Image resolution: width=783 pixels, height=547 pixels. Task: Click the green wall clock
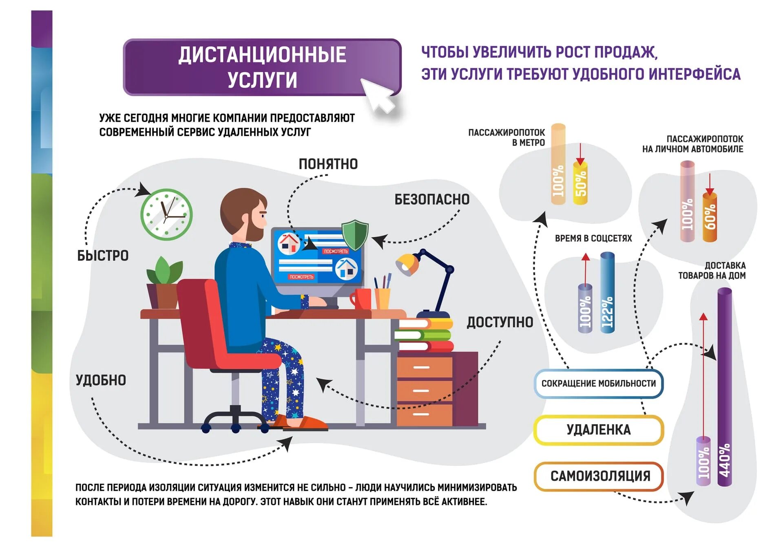[166, 214]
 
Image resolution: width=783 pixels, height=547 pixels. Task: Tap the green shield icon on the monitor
[355, 234]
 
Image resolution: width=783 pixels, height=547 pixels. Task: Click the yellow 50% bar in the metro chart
[580, 183]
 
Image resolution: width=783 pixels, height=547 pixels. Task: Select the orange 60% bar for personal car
[710, 217]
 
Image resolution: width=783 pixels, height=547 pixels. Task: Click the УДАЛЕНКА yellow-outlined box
[598, 430]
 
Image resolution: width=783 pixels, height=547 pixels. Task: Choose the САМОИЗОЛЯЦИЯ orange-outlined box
[599, 476]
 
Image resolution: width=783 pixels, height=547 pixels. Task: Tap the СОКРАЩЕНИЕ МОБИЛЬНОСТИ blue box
[598, 383]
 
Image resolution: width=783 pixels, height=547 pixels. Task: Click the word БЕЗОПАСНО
[431, 199]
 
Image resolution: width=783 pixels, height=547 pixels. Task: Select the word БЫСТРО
[103, 256]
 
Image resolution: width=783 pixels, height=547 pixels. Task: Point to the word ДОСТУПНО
[500, 322]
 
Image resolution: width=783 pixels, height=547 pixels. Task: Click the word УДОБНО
[101, 380]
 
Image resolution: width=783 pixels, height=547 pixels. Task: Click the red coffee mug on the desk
[362, 298]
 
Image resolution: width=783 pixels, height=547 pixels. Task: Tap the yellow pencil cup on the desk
[383, 298]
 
